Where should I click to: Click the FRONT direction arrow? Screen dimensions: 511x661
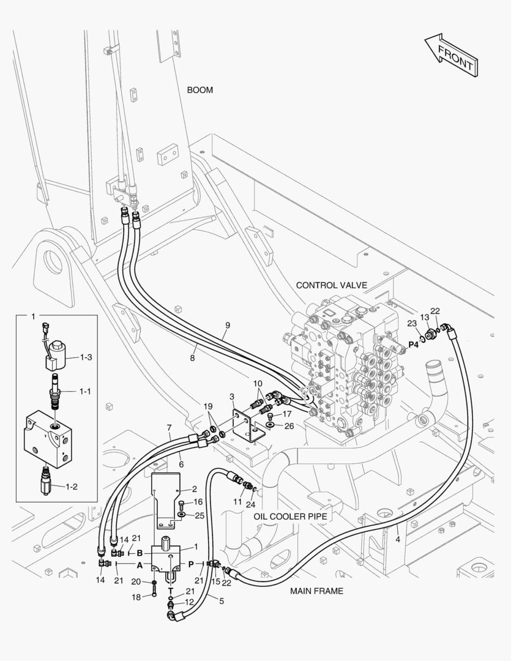pos(452,55)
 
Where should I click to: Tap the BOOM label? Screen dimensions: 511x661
pos(200,90)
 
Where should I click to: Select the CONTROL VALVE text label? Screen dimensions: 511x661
pos(332,285)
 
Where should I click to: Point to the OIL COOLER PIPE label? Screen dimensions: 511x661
pos(290,517)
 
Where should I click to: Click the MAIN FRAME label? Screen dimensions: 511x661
pos(316,591)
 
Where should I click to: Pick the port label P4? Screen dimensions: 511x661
pos(413,345)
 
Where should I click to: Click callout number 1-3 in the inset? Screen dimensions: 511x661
pos(86,357)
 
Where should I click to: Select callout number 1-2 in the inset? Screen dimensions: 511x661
pos(72,487)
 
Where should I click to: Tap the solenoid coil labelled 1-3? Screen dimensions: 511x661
pos(58,356)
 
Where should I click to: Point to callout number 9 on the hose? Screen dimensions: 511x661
pos(228,325)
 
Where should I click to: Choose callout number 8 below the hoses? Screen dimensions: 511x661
pos(192,358)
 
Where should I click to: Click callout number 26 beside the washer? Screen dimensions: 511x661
pos(289,426)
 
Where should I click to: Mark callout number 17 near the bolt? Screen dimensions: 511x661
pos(286,414)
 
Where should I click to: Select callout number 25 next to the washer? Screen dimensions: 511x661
pos(200,515)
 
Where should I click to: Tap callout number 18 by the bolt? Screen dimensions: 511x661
pos(136,597)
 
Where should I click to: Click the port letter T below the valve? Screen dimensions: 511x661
pos(171,591)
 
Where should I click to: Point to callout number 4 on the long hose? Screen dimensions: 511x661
pos(398,539)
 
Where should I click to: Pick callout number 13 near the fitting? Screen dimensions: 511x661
pos(425,317)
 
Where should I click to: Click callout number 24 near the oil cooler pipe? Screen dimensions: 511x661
pos(250,504)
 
